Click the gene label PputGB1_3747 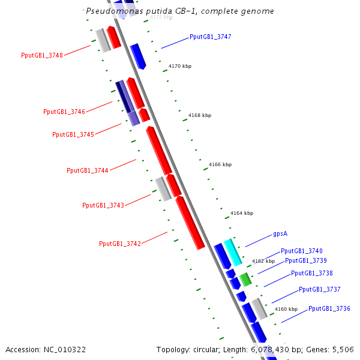210,37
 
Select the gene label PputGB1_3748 41,56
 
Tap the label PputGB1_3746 64,112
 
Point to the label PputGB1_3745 73,135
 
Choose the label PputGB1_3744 88,171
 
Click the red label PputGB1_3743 103,206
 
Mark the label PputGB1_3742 120,244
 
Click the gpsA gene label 280,234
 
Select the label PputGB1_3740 301,251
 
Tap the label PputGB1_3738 311,274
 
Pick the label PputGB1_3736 329,309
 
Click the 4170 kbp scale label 180,67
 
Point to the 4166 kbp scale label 220,164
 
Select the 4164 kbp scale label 241,213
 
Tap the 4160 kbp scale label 286,310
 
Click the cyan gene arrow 233,252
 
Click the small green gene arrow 245,279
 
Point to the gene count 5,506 343,350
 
